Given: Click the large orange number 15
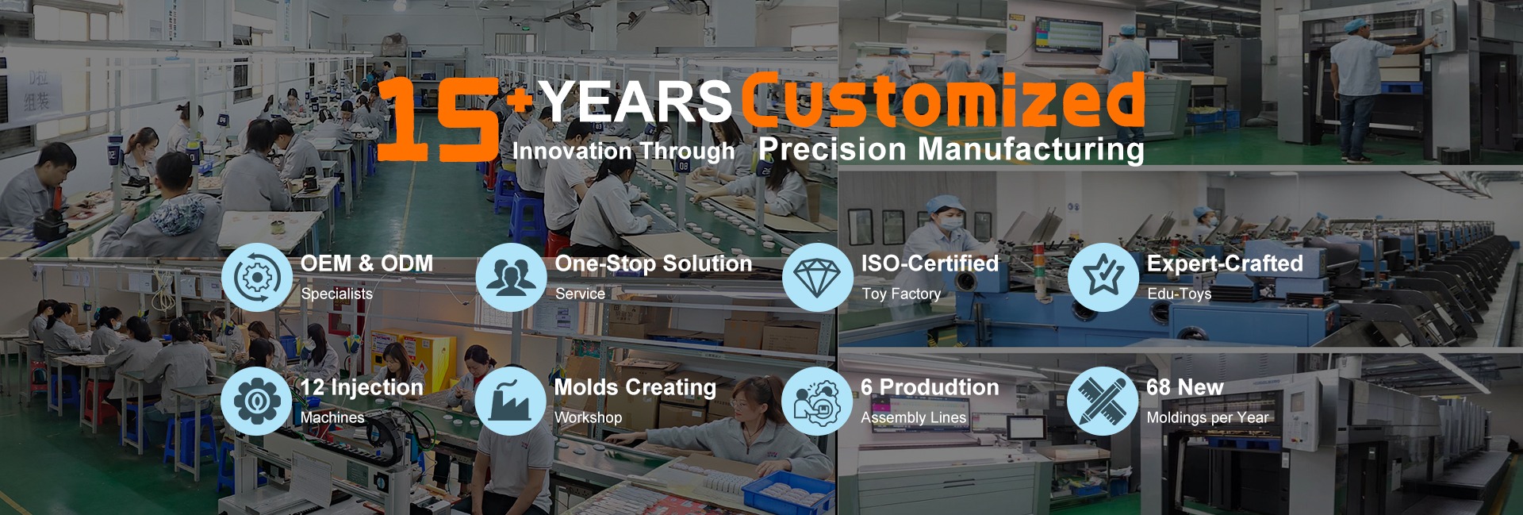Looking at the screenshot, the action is coord(438,120).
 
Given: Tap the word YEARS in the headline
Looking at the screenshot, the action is coord(635,102).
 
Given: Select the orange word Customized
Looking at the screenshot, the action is coord(943,101).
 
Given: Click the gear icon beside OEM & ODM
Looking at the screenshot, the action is coord(257,277).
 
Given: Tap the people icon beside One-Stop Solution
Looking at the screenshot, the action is coord(511,277).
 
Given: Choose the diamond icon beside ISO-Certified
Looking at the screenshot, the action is coord(817,277).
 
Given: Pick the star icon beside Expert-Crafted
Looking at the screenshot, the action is coord(1103,277).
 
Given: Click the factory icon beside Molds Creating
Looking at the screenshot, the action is coord(510,401).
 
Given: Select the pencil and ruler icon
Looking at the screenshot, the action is coord(1102,401).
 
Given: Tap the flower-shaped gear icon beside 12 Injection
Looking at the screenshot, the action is coord(256,401).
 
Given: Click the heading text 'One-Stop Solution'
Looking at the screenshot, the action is coord(654,263).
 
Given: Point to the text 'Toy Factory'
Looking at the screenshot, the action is coord(901,294).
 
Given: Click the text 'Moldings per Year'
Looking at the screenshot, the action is coord(1207,417).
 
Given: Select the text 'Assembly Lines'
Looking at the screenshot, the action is coord(914,417).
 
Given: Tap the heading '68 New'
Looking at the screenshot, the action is coord(1185,387).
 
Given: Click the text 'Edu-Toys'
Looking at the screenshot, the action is coord(1180,294).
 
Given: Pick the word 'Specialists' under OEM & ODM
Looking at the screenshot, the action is coord(336,294).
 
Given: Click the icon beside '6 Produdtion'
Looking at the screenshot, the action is coord(816,401).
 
